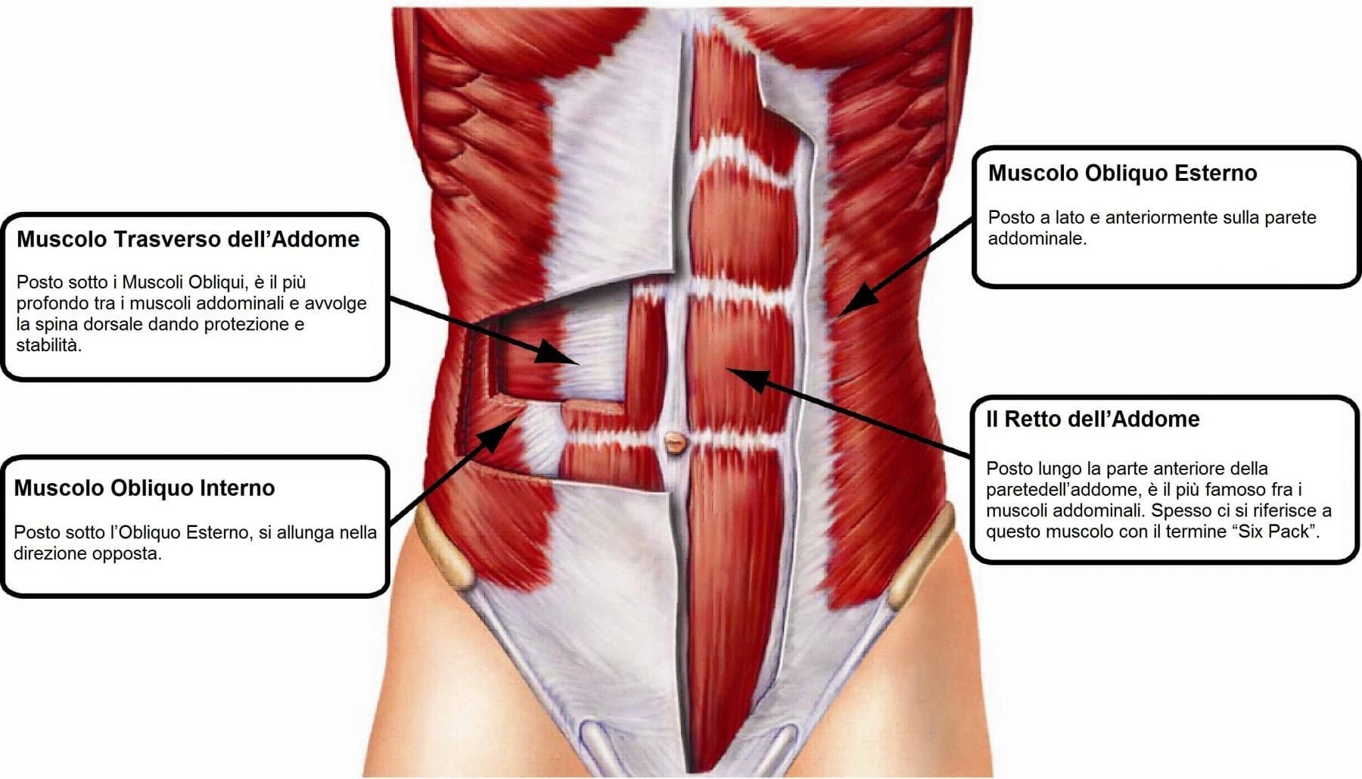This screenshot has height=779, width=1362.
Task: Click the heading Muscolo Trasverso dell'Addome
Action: pyautogui.click(x=188, y=239)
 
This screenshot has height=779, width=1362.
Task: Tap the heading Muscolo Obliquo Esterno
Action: pyautogui.click(x=1122, y=173)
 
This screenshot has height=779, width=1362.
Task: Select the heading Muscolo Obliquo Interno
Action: pyautogui.click(x=144, y=488)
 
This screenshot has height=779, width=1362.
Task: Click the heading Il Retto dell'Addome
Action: pyautogui.click(x=1093, y=419)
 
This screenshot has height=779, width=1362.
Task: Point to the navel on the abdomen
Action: pyautogui.click(x=674, y=441)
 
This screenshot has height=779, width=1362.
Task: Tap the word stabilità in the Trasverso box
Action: pyautogui.click(x=48, y=346)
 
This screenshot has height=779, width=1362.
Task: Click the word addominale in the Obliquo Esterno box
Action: pyautogui.click(x=1037, y=238)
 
